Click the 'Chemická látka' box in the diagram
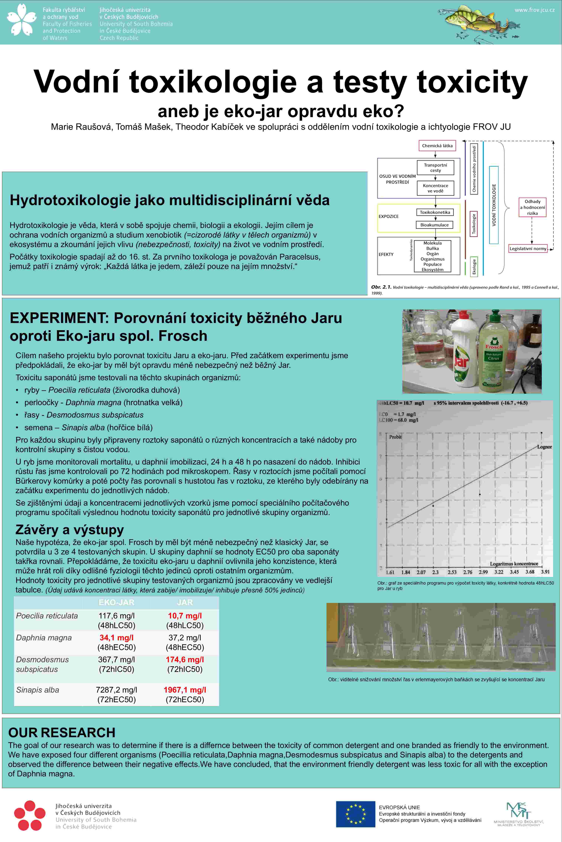[x=437, y=146]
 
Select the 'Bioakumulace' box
[x=434, y=225]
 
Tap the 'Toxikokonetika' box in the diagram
[x=435, y=212]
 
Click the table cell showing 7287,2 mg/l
[x=117, y=690]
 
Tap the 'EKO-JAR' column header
[x=117, y=603]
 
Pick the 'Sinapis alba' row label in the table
[x=38, y=690]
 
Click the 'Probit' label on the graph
[x=395, y=437]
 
